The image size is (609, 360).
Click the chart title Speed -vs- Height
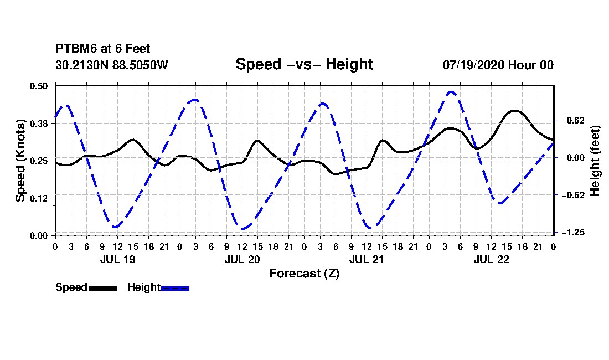304,64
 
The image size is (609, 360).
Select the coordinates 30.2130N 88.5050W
112,65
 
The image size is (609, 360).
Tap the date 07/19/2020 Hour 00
498,65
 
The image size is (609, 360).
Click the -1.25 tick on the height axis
573,232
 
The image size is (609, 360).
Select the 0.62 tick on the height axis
576,120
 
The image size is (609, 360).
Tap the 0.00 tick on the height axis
576,158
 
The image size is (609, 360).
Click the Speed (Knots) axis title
20,161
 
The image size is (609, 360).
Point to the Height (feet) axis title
595,161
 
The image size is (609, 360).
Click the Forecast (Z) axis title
304,274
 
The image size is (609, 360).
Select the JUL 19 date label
118,260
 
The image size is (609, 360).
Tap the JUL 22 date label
491,260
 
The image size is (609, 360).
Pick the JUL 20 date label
242,260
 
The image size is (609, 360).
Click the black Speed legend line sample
104,288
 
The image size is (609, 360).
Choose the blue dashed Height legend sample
175,288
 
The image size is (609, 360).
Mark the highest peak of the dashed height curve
451,92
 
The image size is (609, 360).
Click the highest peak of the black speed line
515,111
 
